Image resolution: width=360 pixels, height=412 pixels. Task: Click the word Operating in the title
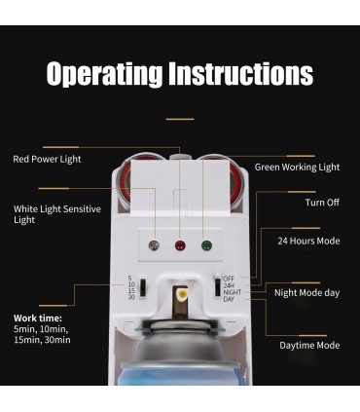click(x=104, y=74)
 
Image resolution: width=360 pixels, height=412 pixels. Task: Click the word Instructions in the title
click(x=241, y=73)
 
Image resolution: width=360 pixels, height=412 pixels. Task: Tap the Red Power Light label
click(x=47, y=159)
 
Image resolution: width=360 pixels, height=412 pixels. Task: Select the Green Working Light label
click(x=297, y=168)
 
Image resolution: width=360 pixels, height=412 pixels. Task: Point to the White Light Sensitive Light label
click(x=57, y=214)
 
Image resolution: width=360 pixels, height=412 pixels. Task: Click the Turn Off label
click(x=322, y=203)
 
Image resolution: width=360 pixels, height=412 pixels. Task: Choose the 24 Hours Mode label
click(x=308, y=241)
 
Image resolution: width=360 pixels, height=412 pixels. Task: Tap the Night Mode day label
click(x=306, y=293)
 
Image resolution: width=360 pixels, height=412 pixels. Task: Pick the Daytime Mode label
click(x=309, y=346)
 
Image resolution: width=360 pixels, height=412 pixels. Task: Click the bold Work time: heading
click(x=38, y=318)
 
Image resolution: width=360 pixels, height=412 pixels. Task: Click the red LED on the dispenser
click(x=180, y=245)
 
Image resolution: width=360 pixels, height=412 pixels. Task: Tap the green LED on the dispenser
click(x=206, y=245)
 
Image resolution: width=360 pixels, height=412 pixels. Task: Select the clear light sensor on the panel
click(x=154, y=245)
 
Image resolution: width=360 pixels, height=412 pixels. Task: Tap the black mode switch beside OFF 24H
click(x=218, y=287)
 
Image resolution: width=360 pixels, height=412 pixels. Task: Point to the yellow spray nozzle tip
click(x=182, y=294)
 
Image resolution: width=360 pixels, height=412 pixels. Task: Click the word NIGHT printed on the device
click(x=233, y=292)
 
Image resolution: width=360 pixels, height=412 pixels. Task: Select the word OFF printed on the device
click(x=229, y=279)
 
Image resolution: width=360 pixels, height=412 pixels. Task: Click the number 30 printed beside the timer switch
click(x=131, y=297)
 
